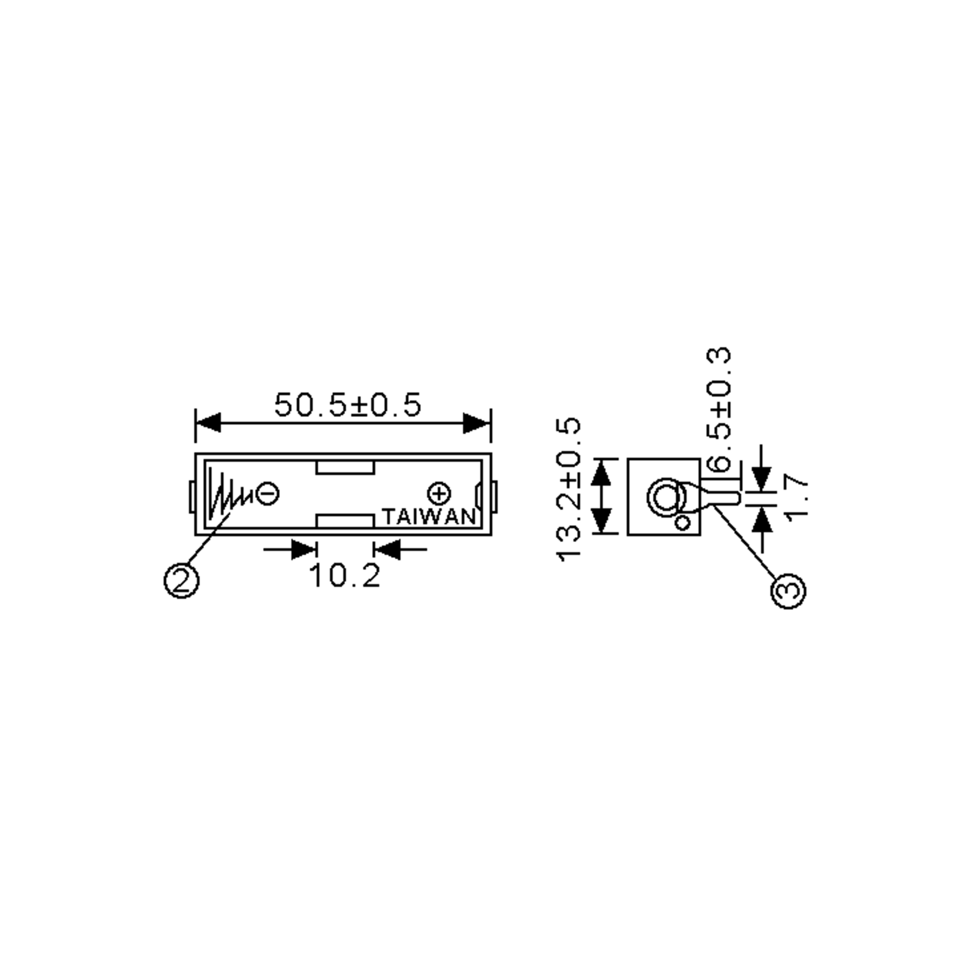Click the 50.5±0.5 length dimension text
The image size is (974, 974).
click(x=347, y=405)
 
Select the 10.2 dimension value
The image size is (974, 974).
click(x=345, y=576)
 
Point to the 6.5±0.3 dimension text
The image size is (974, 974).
click(x=719, y=409)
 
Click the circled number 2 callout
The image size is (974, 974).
click(x=181, y=581)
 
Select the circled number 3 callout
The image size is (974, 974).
click(x=789, y=590)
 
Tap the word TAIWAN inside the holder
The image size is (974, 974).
click(x=429, y=517)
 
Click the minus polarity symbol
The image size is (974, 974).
click(x=267, y=493)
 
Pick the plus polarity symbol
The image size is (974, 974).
click(x=439, y=493)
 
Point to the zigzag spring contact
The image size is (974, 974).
click(x=227, y=497)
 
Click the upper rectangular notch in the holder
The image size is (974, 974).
click(x=345, y=468)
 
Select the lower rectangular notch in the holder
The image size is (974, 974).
click(x=345, y=521)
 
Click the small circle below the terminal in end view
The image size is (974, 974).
click(x=683, y=523)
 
